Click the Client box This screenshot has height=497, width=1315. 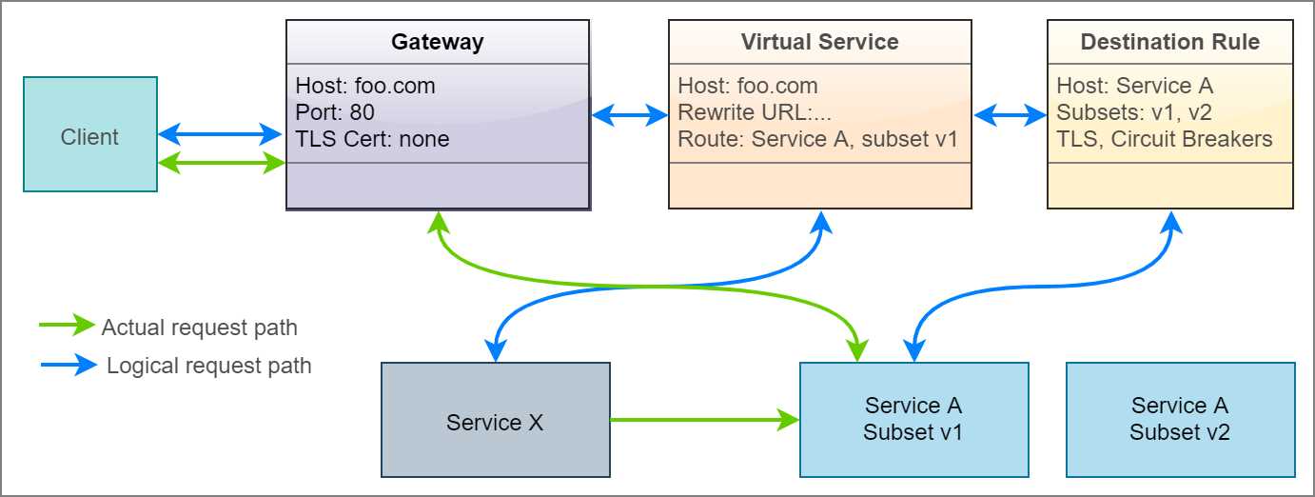point(90,135)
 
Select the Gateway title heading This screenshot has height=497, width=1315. point(438,42)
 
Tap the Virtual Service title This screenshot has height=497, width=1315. point(819,42)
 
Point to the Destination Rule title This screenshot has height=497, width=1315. point(1169,42)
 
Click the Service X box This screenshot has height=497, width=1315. point(495,421)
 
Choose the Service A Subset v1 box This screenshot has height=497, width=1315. point(913,419)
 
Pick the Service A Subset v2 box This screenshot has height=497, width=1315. point(1180,419)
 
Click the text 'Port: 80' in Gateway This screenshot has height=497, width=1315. point(335,112)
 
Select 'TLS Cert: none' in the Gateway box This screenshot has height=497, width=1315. point(372,139)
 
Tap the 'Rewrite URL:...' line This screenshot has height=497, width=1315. point(755,112)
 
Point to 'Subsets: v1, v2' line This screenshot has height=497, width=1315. point(1134,112)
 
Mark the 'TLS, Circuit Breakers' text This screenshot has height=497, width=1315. point(1164,139)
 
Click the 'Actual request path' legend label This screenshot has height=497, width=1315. point(199,328)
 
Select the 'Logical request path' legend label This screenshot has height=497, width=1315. point(208,366)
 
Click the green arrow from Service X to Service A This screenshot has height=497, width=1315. point(704,419)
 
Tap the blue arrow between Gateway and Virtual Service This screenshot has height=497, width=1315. point(630,115)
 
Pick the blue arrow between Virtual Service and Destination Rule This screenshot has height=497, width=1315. point(1010,115)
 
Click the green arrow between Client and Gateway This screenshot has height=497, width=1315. point(222,164)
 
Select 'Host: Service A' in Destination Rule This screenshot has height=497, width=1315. point(1134,86)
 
